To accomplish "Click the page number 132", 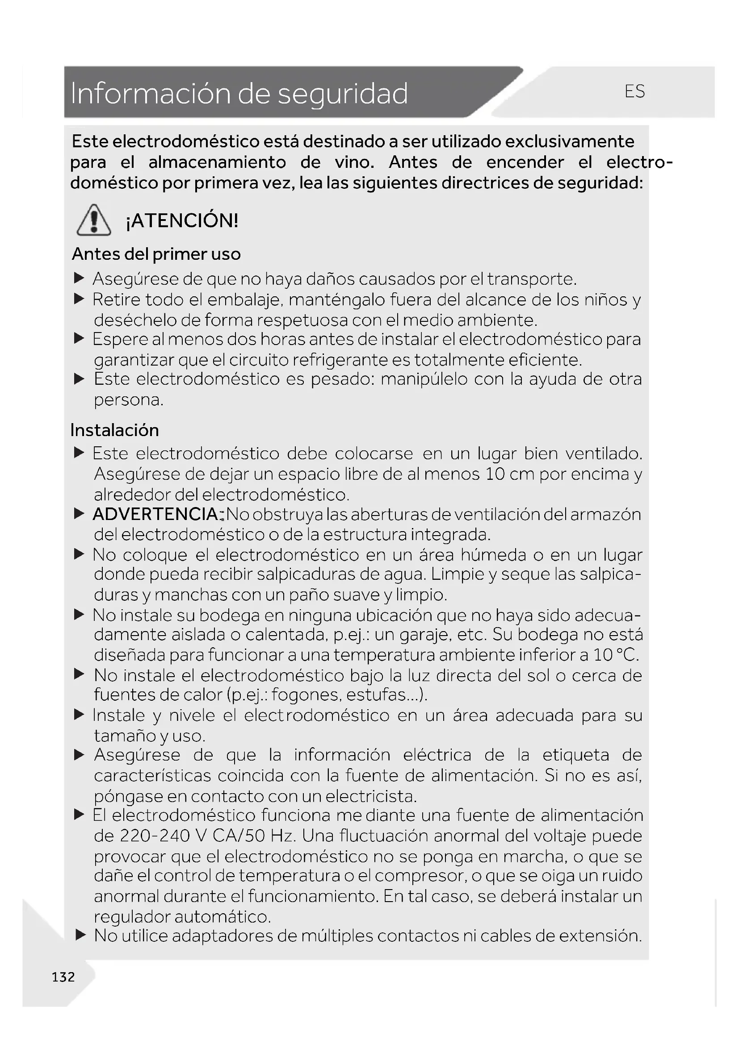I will (x=63, y=977).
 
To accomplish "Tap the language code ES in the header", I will (x=634, y=92).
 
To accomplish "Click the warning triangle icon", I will (x=94, y=220).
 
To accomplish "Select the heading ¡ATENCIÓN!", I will (x=182, y=221).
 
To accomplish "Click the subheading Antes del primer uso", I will (x=156, y=254).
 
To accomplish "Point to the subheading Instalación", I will (x=115, y=430).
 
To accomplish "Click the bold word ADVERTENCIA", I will (x=155, y=514).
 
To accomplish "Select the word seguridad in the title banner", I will (x=343, y=94).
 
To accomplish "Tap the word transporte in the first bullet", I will (x=532, y=279).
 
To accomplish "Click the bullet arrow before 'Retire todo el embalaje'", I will (x=80, y=299).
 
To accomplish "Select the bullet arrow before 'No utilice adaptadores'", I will (x=80, y=935).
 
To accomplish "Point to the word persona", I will (x=128, y=399).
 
